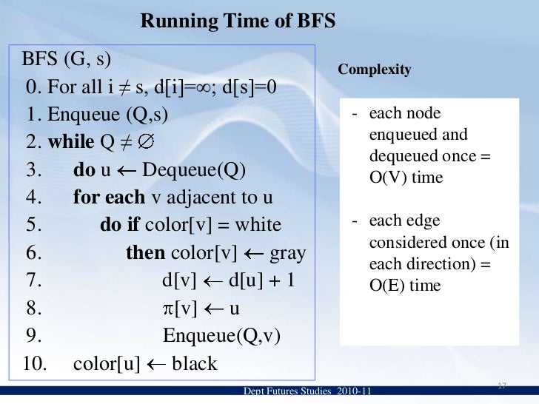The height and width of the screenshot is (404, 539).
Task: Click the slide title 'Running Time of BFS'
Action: [x=238, y=22]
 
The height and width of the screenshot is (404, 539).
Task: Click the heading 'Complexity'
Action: [x=374, y=69]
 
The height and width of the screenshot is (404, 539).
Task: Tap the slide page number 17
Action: [x=501, y=386]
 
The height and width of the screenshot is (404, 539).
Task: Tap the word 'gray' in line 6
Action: [x=288, y=253]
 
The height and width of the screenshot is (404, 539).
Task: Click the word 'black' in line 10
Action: [x=195, y=364]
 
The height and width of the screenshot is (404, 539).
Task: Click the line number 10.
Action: [x=33, y=364]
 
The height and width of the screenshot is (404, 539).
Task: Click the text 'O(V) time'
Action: [x=406, y=178]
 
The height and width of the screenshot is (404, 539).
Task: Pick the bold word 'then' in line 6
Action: [x=145, y=253]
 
